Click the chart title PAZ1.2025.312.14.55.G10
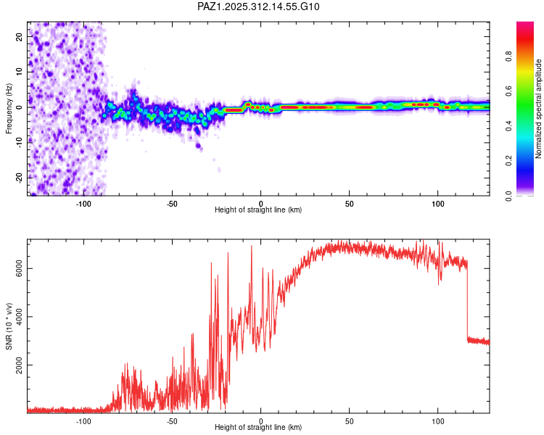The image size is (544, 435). pyautogui.click(x=258, y=7)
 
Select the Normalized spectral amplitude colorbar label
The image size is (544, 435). pyautogui.click(x=538, y=109)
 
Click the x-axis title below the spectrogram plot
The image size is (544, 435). pyautogui.click(x=258, y=210)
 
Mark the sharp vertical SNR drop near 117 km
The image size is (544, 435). pyautogui.click(x=466, y=301)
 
